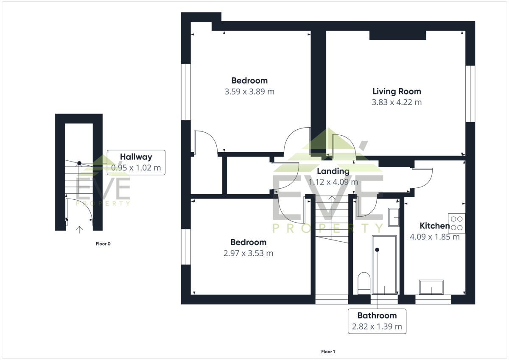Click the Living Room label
tap(397, 91)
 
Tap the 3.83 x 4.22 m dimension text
tap(397, 102)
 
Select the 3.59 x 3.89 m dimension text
tap(249, 92)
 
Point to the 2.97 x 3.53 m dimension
tap(248, 253)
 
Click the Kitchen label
tap(434, 226)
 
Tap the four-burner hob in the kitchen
tap(456, 223)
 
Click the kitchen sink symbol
tap(431, 287)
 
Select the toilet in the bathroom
tap(364, 283)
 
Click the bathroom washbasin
tap(394, 218)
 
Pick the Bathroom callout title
tap(377, 315)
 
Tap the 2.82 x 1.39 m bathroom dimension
tap(377, 327)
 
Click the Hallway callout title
tap(136, 157)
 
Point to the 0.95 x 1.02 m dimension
tap(136, 167)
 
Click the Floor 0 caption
tap(103, 244)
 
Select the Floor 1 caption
tap(328, 352)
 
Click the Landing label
tap(333, 171)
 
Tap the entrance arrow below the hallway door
tap(79, 230)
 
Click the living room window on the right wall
tap(470, 94)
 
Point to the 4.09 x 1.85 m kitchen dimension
tap(434, 237)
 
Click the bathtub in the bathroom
tap(384, 265)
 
